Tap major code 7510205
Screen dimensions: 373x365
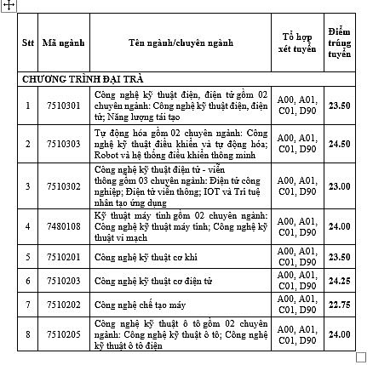(x=55, y=335)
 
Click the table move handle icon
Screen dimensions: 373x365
(x=8, y=5)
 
